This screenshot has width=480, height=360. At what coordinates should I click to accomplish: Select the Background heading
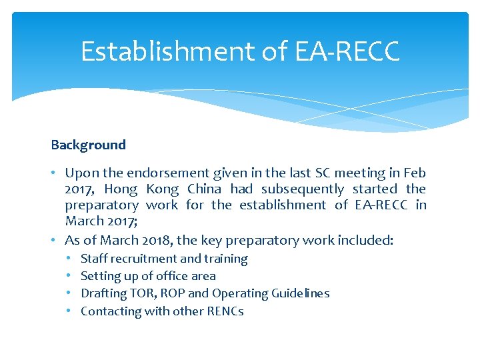(88, 145)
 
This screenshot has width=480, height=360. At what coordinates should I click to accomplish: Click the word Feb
(413, 173)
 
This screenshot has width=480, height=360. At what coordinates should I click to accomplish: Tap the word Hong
(121, 189)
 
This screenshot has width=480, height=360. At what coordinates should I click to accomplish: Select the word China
(205, 189)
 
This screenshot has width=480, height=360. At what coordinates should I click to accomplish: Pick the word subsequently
(303, 189)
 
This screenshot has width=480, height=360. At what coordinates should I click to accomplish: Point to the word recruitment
(144, 259)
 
